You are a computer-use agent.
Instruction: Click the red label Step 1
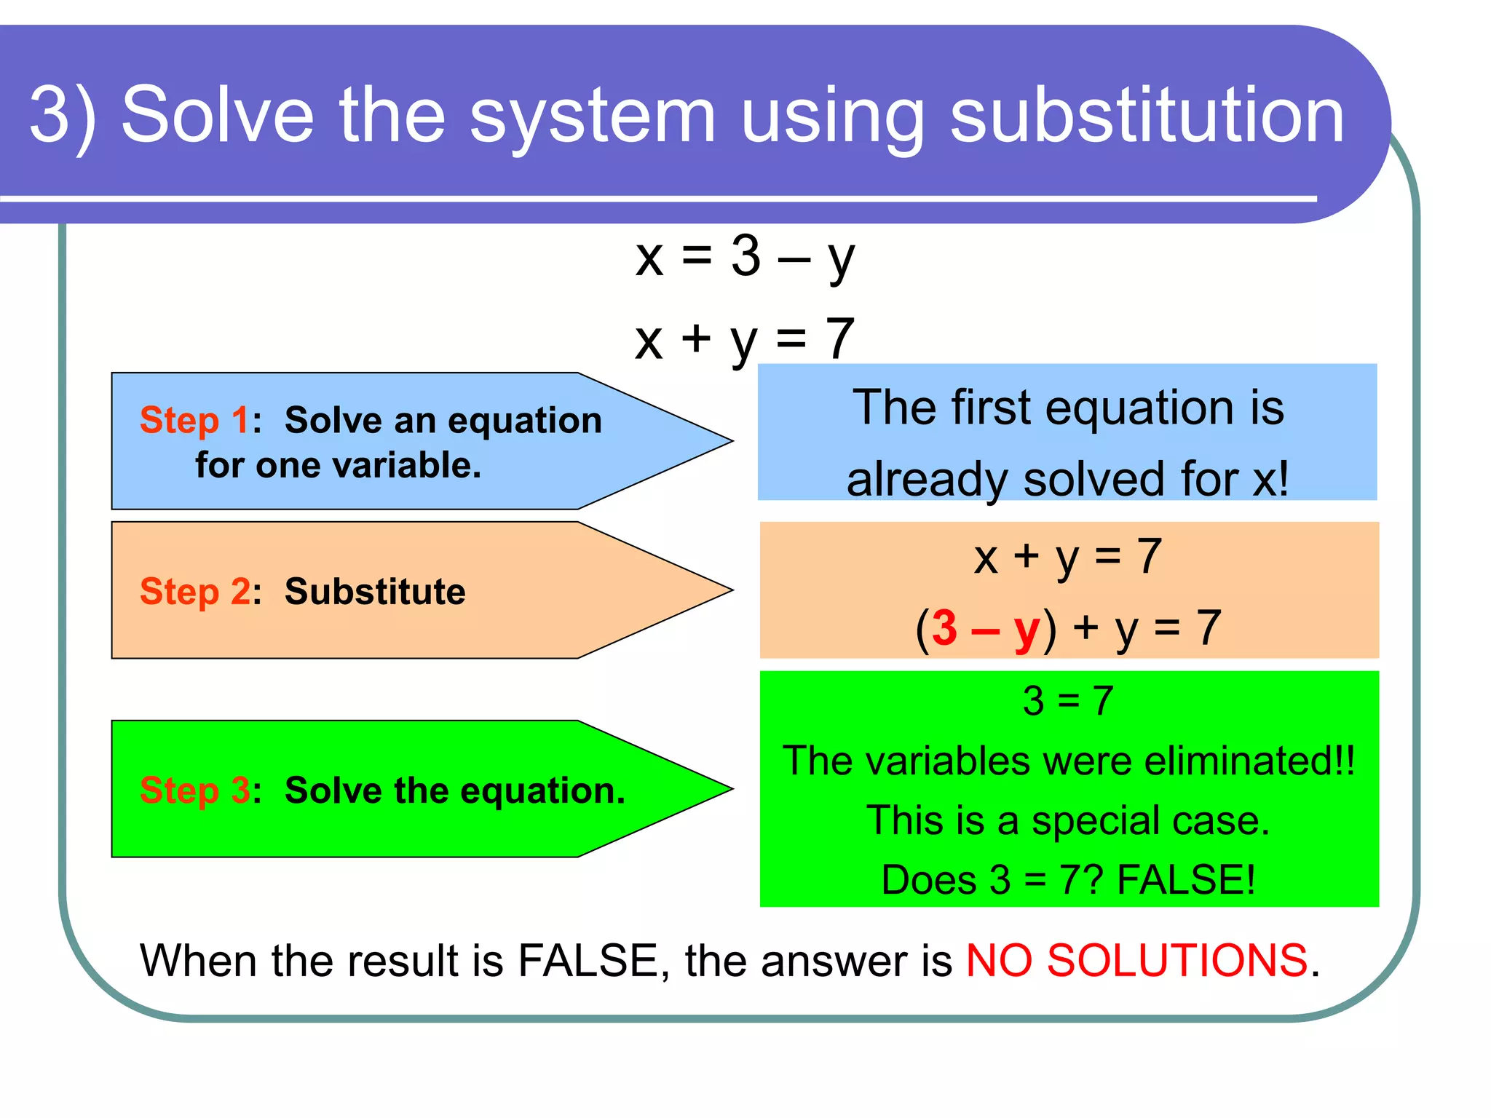click(x=194, y=420)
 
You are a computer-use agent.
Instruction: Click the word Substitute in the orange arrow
click(x=374, y=591)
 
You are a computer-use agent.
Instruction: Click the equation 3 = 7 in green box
click(x=1067, y=701)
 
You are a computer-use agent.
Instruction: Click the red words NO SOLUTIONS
click(x=1136, y=960)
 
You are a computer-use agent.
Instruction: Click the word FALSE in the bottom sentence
click(x=587, y=960)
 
